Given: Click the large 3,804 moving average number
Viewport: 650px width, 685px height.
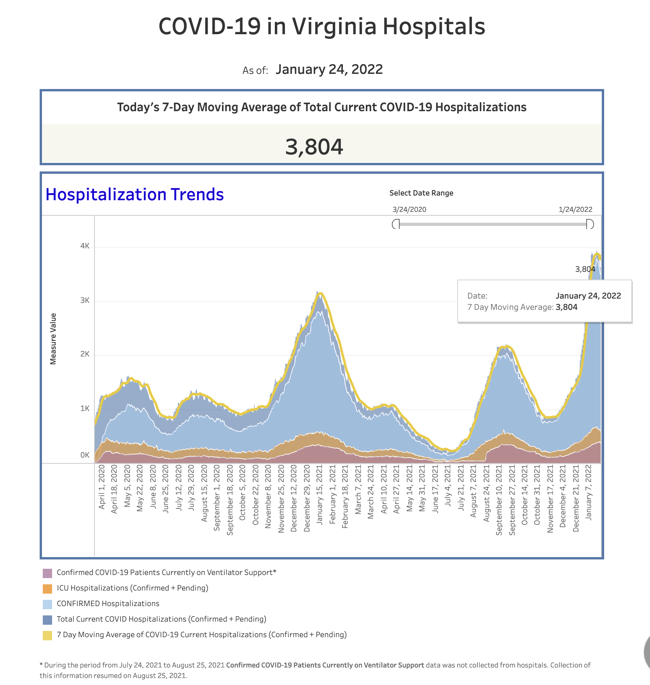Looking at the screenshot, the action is click(x=314, y=147).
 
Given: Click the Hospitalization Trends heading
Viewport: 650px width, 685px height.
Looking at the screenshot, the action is click(x=135, y=194).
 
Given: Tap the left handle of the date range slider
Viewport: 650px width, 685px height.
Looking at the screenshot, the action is click(x=396, y=224).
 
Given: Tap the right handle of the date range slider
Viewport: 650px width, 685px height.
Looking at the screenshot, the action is click(x=590, y=224).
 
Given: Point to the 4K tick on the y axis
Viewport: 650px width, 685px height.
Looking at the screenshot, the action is click(x=85, y=246).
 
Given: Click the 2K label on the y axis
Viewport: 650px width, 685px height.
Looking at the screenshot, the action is click(x=85, y=354).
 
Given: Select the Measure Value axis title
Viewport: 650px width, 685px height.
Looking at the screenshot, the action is click(x=53, y=339).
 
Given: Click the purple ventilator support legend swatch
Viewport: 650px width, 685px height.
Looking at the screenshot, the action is click(x=47, y=573).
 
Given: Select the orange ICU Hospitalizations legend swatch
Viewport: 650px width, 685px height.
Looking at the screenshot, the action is click(x=47, y=589).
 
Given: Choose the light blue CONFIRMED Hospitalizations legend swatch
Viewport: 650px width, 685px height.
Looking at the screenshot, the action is click(x=47, y=604).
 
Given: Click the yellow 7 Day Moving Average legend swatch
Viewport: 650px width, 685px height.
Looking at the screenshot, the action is click(x=47, y=635).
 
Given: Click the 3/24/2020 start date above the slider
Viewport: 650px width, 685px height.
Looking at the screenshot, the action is click(x=409, y=210).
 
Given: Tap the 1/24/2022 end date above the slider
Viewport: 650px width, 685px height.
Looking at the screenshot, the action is click(x=575, y=210).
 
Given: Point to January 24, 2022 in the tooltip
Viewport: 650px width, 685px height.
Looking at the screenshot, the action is click(x=588, y=296).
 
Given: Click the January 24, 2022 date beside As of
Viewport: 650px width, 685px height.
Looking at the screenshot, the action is click(x=329, y=70).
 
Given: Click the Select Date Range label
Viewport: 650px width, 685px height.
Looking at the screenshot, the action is click(x=421, y=193).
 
